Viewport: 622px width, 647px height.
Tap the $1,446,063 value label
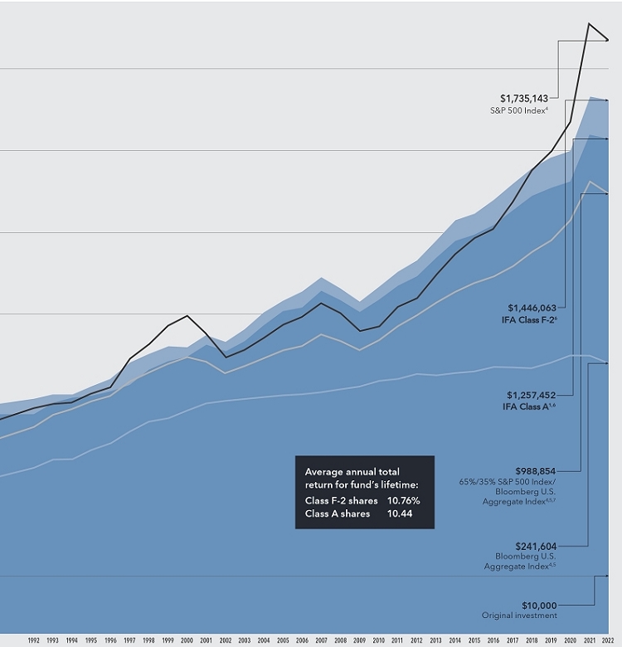pos(527,307)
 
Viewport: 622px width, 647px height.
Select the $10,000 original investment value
pos(539,605)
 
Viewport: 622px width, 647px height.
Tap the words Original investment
pos(520,615)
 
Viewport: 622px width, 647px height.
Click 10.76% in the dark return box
pos(404,501)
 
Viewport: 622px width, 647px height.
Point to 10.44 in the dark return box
pos(399,514)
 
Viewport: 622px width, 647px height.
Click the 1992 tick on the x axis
pos(34,640)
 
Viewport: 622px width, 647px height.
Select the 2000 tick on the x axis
pos(187,640)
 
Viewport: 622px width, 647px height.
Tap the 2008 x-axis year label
pos(339,640)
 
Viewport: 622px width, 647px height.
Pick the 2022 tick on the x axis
pos(608,640)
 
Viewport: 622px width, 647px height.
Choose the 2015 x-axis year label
pos(474,640)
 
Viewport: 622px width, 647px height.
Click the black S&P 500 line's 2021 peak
pos(589,23)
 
